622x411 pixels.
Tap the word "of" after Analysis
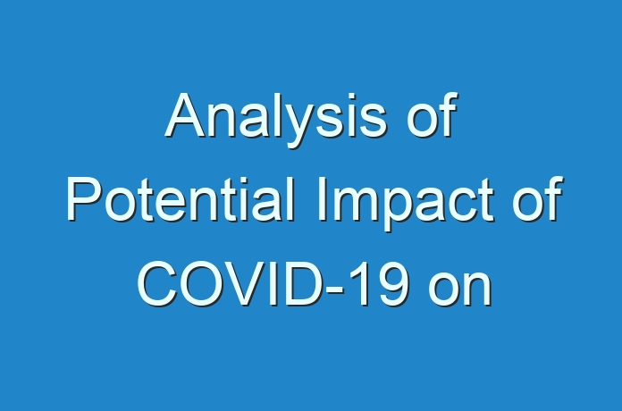[433, 114]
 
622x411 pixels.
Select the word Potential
[181, 199]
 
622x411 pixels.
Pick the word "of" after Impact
[538, 198]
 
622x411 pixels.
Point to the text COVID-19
[273, 283]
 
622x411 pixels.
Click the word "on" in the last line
[460, 289]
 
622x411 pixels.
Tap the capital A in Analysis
[187, 115]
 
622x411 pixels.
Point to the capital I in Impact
[322, 199]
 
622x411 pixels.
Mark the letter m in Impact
[359, 205]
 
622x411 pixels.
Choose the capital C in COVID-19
[157, 283]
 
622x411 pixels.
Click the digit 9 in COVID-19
[392, 283]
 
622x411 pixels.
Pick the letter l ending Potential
[291, 199]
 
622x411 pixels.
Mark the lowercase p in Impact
[406, 209]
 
